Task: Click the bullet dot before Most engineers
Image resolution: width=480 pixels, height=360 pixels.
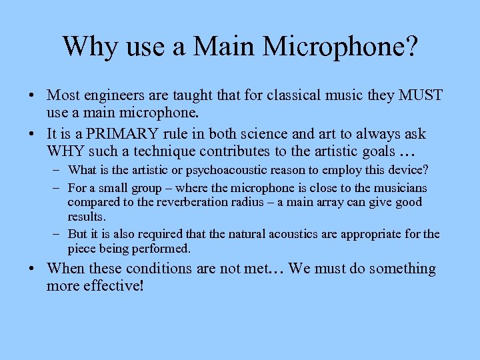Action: tap(35, 95)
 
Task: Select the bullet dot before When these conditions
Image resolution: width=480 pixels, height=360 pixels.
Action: tap(35, 269)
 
